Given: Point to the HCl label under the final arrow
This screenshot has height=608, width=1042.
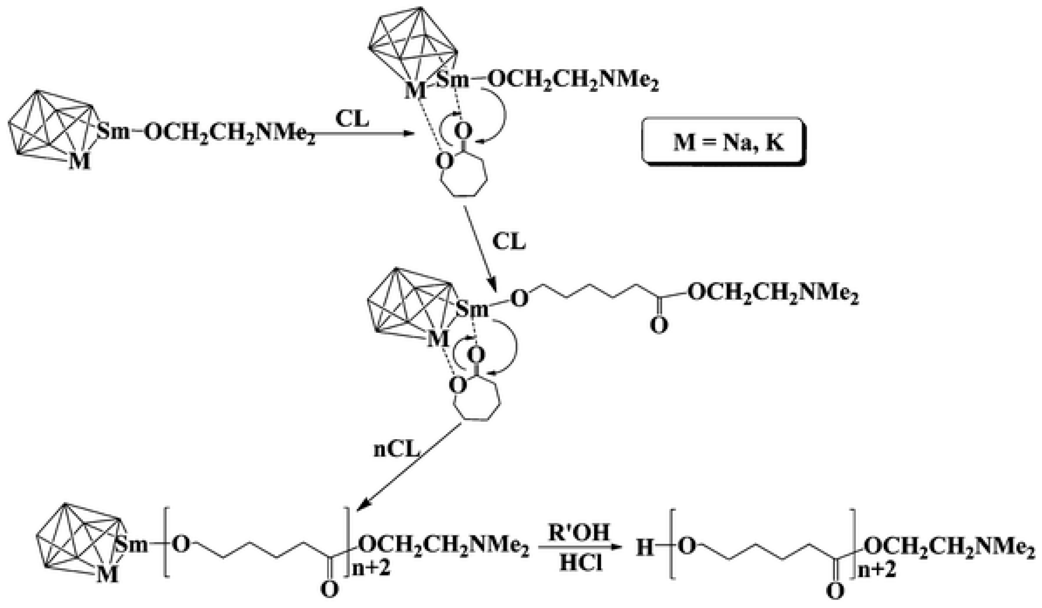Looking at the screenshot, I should (580, 563).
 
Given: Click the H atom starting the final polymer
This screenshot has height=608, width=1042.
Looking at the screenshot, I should (645, 549).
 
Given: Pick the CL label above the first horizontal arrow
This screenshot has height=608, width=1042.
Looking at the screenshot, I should (352, 119).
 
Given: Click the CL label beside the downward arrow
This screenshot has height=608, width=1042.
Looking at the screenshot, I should (509, 242).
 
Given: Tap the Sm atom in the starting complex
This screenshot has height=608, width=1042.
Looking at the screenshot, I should (113, 132).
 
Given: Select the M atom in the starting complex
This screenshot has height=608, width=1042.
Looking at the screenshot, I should (80, 161).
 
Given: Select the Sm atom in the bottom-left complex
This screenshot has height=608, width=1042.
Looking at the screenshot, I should (132, 545).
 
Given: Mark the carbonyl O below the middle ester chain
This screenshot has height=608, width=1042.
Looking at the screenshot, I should (659, 325).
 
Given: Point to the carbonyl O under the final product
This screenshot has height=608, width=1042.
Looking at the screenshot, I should (835, 592).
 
